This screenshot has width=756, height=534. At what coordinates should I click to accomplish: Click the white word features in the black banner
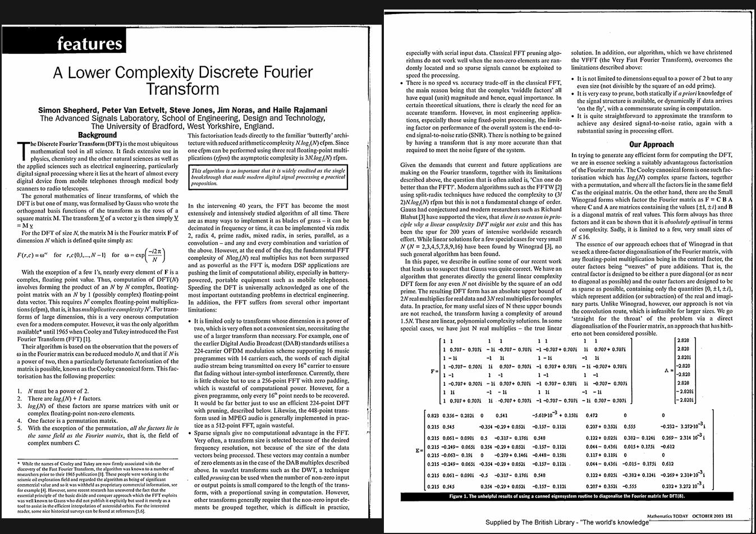[x=89, y=43]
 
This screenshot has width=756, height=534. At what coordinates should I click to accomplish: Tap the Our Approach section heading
[x=651, y=144]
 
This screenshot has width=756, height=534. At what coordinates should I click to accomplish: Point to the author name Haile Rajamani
[x=300, y=110]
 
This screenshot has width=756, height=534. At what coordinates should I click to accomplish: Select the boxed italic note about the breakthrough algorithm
[x=268, y=176]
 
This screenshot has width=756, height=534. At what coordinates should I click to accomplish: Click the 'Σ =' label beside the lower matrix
[x=419, y=451]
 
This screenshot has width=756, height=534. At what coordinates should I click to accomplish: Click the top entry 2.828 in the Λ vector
[x=683, y=341]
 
